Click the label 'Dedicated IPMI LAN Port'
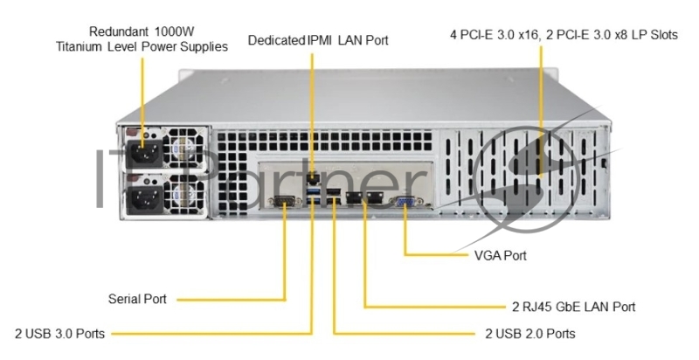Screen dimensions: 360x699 point(318,40)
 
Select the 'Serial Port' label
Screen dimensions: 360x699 point(137,299)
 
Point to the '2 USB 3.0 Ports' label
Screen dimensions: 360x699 point(60,333)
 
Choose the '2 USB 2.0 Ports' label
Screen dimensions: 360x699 point(529,333)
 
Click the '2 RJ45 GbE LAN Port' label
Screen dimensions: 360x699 point(573,307)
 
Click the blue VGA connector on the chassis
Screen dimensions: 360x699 point(406,203)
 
